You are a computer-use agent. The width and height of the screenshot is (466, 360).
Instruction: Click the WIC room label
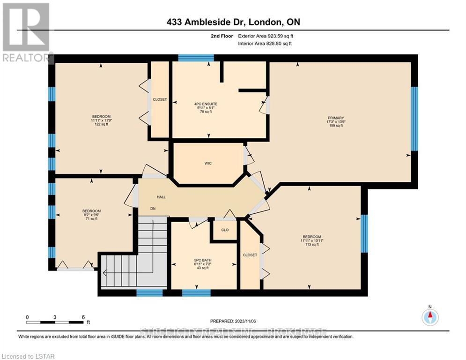(x=208, y=163)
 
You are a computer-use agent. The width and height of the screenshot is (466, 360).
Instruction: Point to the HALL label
(x=161, y=197)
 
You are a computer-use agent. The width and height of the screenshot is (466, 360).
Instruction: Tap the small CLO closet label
(x=224, y=230)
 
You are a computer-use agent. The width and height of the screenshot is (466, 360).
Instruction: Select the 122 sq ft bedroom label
(x=101, y=120)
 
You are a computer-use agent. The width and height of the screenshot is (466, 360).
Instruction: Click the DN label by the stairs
(x=153, y=209)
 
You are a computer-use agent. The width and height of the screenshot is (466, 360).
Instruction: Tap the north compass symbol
(x=429, y=317)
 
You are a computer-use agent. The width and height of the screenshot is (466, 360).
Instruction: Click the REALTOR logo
(x=26, y=33)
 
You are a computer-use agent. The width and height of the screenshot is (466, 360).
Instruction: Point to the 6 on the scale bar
(x=83, y=317)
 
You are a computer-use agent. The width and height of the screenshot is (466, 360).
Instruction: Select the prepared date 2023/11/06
(x=233, y=321)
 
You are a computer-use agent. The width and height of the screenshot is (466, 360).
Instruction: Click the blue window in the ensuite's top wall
(x=196, y=58)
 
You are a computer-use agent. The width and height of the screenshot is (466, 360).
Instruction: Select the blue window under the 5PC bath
(x=196, y=293)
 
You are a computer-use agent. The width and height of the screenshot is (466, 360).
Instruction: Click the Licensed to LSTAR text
(x=28, y=357)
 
